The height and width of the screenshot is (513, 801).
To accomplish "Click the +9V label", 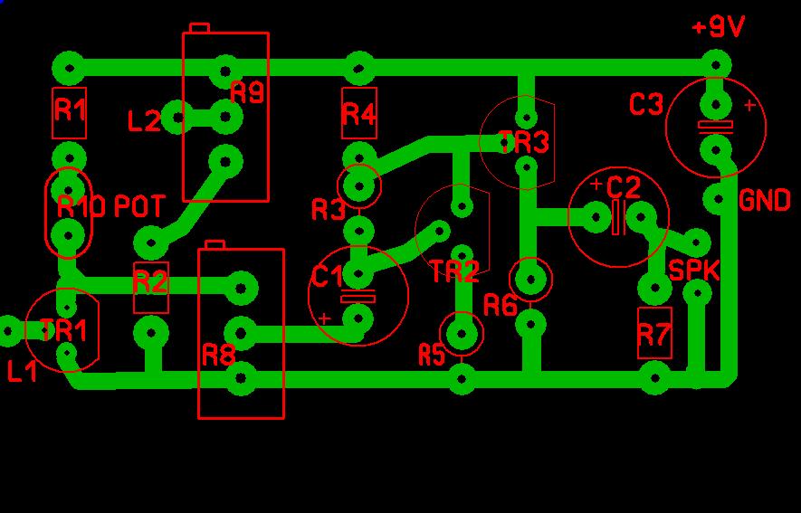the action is [x=719, y=27].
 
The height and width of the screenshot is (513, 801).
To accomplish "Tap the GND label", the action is [x=765, y=201].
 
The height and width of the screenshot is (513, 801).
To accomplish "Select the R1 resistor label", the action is [x=70, y=109].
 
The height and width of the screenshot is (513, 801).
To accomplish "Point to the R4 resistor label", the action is [x=359, y=114].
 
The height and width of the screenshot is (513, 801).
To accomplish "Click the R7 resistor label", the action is [x=654, y=335].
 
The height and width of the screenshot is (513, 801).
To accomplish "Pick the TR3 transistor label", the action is [x=524, y=142].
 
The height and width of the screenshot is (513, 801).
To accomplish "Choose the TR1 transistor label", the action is [x=64, y=330].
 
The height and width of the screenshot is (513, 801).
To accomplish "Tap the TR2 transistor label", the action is [x=455, y=271].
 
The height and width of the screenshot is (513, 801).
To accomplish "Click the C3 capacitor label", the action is [x=646, y=105].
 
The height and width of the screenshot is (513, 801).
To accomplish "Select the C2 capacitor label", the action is [x=624, y=188].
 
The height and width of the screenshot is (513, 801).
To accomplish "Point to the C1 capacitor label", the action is [x=328, y=277].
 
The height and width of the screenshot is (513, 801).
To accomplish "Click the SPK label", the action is [x=693, y=271].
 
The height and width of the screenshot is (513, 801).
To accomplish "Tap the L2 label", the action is [x=144, y=122].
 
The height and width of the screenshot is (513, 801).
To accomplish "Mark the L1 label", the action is [x=23, y=372].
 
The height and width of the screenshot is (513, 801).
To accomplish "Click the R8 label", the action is [x=219, y=355].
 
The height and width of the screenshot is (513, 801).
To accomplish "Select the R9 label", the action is [x=247, y=92].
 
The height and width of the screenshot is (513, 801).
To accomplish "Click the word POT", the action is [x=139, y=206].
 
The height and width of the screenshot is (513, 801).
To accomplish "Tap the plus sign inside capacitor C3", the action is [x=749, y=106].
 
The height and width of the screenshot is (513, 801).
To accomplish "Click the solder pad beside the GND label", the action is [x=717, y=199].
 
